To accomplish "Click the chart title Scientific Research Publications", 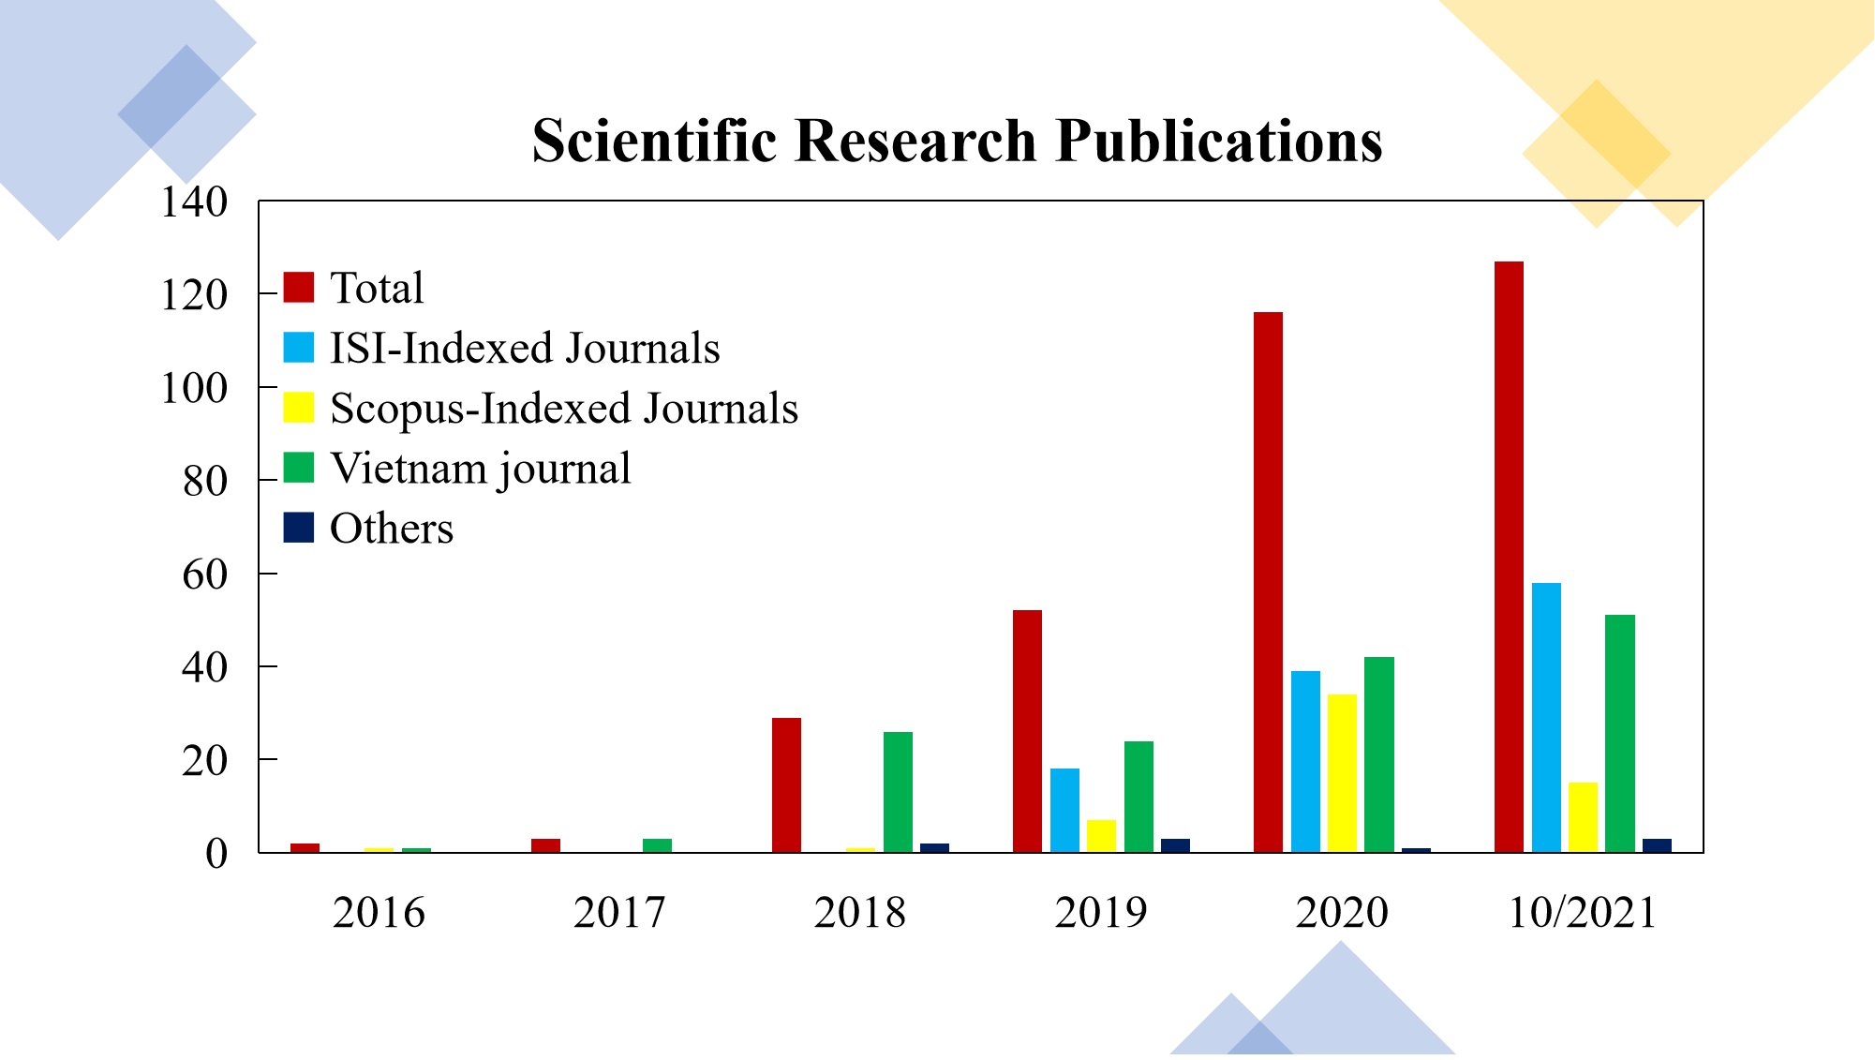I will [x=957, y=142].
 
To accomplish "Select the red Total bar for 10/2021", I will [x=1509, y=557].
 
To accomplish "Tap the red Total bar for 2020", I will [x=1268, y=582].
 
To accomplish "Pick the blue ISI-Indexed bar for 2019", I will [x=1064, y=810].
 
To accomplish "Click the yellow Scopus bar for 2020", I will [x=1342, y=773].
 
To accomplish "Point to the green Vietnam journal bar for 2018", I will [x=898, y=792].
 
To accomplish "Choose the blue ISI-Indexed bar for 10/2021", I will [x=1546, y=717].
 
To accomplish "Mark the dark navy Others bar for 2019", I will [x=1175, y=845].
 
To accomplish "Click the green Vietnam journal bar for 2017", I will [x=657, y=845].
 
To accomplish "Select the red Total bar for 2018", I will [x=786, y=784].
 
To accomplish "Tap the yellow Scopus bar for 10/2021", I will [x=1583, y=817].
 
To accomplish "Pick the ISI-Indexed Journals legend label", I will [x=525, y=348].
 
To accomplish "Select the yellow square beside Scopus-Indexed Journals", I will [x=299, y=408].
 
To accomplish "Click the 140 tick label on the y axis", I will [x=194, y=202].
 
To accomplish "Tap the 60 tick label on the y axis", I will [x=205, y=575].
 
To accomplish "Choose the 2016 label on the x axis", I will [x=379, y=913].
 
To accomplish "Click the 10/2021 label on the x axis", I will [x=1582, y=913].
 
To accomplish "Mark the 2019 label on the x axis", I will [x=1101, y=913].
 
